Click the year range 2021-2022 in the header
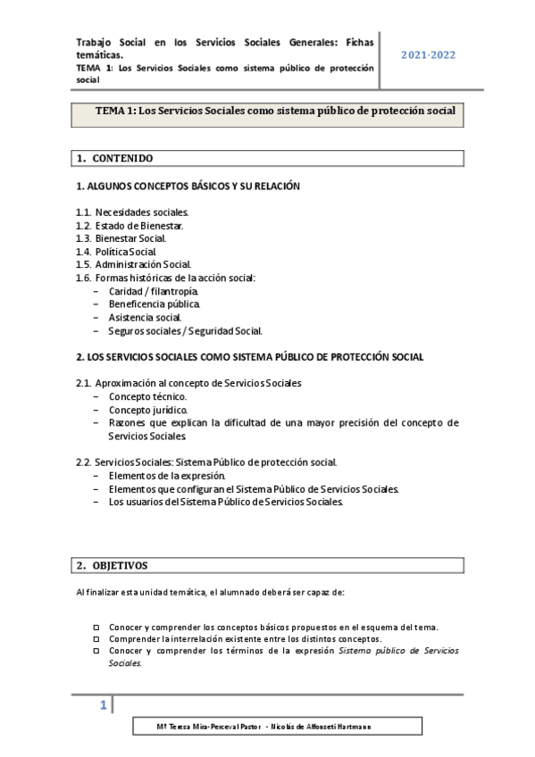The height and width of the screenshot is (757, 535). (x=428, y=55)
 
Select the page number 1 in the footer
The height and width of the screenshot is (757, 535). (x=104, y=707)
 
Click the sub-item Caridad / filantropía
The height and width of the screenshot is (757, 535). (x=154, y=291)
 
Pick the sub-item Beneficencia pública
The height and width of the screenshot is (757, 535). (x=155, y=304)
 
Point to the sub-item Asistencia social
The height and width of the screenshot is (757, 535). (x=146, y=317)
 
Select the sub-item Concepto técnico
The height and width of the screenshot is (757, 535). (x=148, y=396)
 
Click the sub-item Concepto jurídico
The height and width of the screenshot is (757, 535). (x=148, y=410)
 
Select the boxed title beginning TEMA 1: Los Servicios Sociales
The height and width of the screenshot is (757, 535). (x=268, y=112)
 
